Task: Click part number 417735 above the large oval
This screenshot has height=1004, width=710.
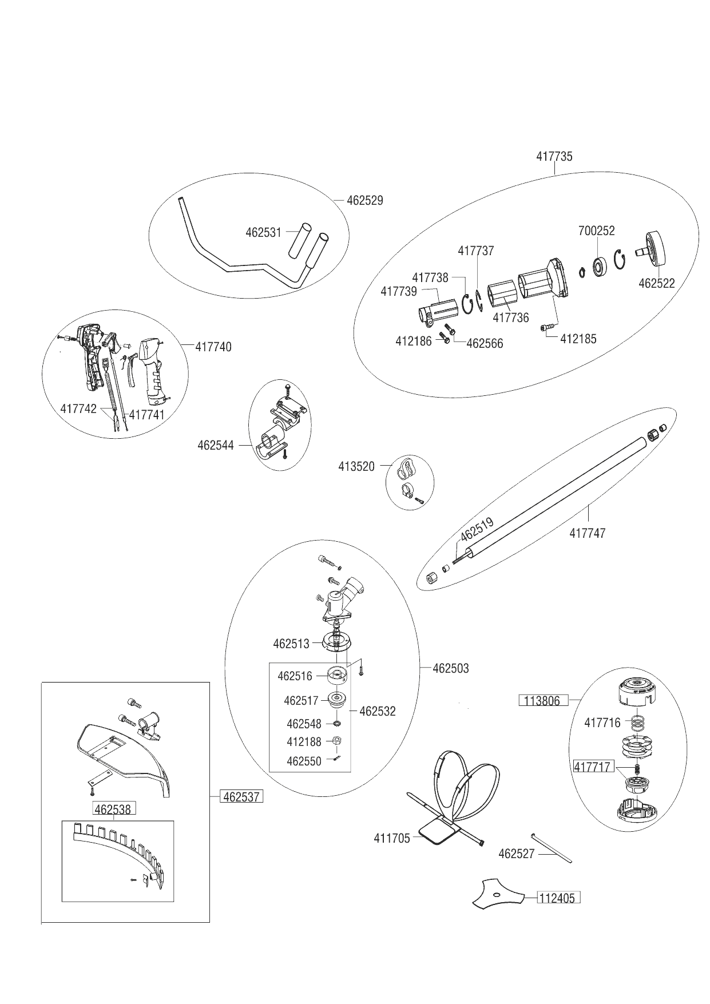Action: pos(554,156)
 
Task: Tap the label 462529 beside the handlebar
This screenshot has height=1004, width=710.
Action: pos(365,201)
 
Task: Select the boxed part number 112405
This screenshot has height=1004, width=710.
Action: pos(558,898)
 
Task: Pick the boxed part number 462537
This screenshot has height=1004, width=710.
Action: pos(241,796)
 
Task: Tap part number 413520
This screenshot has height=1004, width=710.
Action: pos(356,467)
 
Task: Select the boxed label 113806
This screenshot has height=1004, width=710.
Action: pos(544,700)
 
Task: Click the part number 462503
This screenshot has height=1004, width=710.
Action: pos(451,668)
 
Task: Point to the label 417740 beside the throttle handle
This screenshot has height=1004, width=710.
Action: pos(213,347)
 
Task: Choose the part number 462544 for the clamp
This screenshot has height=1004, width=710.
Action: pos(216,445)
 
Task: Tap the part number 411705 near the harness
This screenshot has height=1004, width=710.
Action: pos(392,838)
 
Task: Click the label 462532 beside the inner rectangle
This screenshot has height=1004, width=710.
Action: pos(378,712)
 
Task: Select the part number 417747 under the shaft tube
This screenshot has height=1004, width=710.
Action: pos(587,533)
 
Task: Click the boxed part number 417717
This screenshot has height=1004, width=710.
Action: pos(593,767)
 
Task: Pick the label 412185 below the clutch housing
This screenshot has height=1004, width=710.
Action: pos(578,339)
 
